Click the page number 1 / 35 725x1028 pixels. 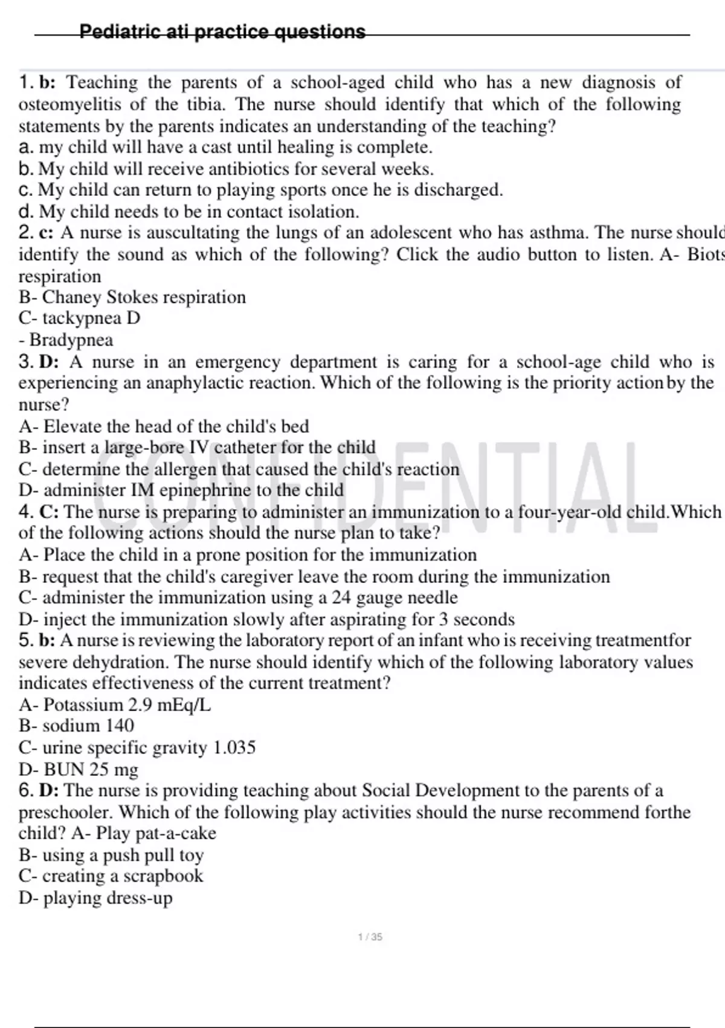[x=370, y=937]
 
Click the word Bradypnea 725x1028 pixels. [x=71, y=340]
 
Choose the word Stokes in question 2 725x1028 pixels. [x=132, y=298]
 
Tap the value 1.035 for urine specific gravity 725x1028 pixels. [x=234, y=748]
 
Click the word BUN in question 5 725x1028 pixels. [x=64, y=770]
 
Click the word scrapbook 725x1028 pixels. [x=163, y=876]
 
